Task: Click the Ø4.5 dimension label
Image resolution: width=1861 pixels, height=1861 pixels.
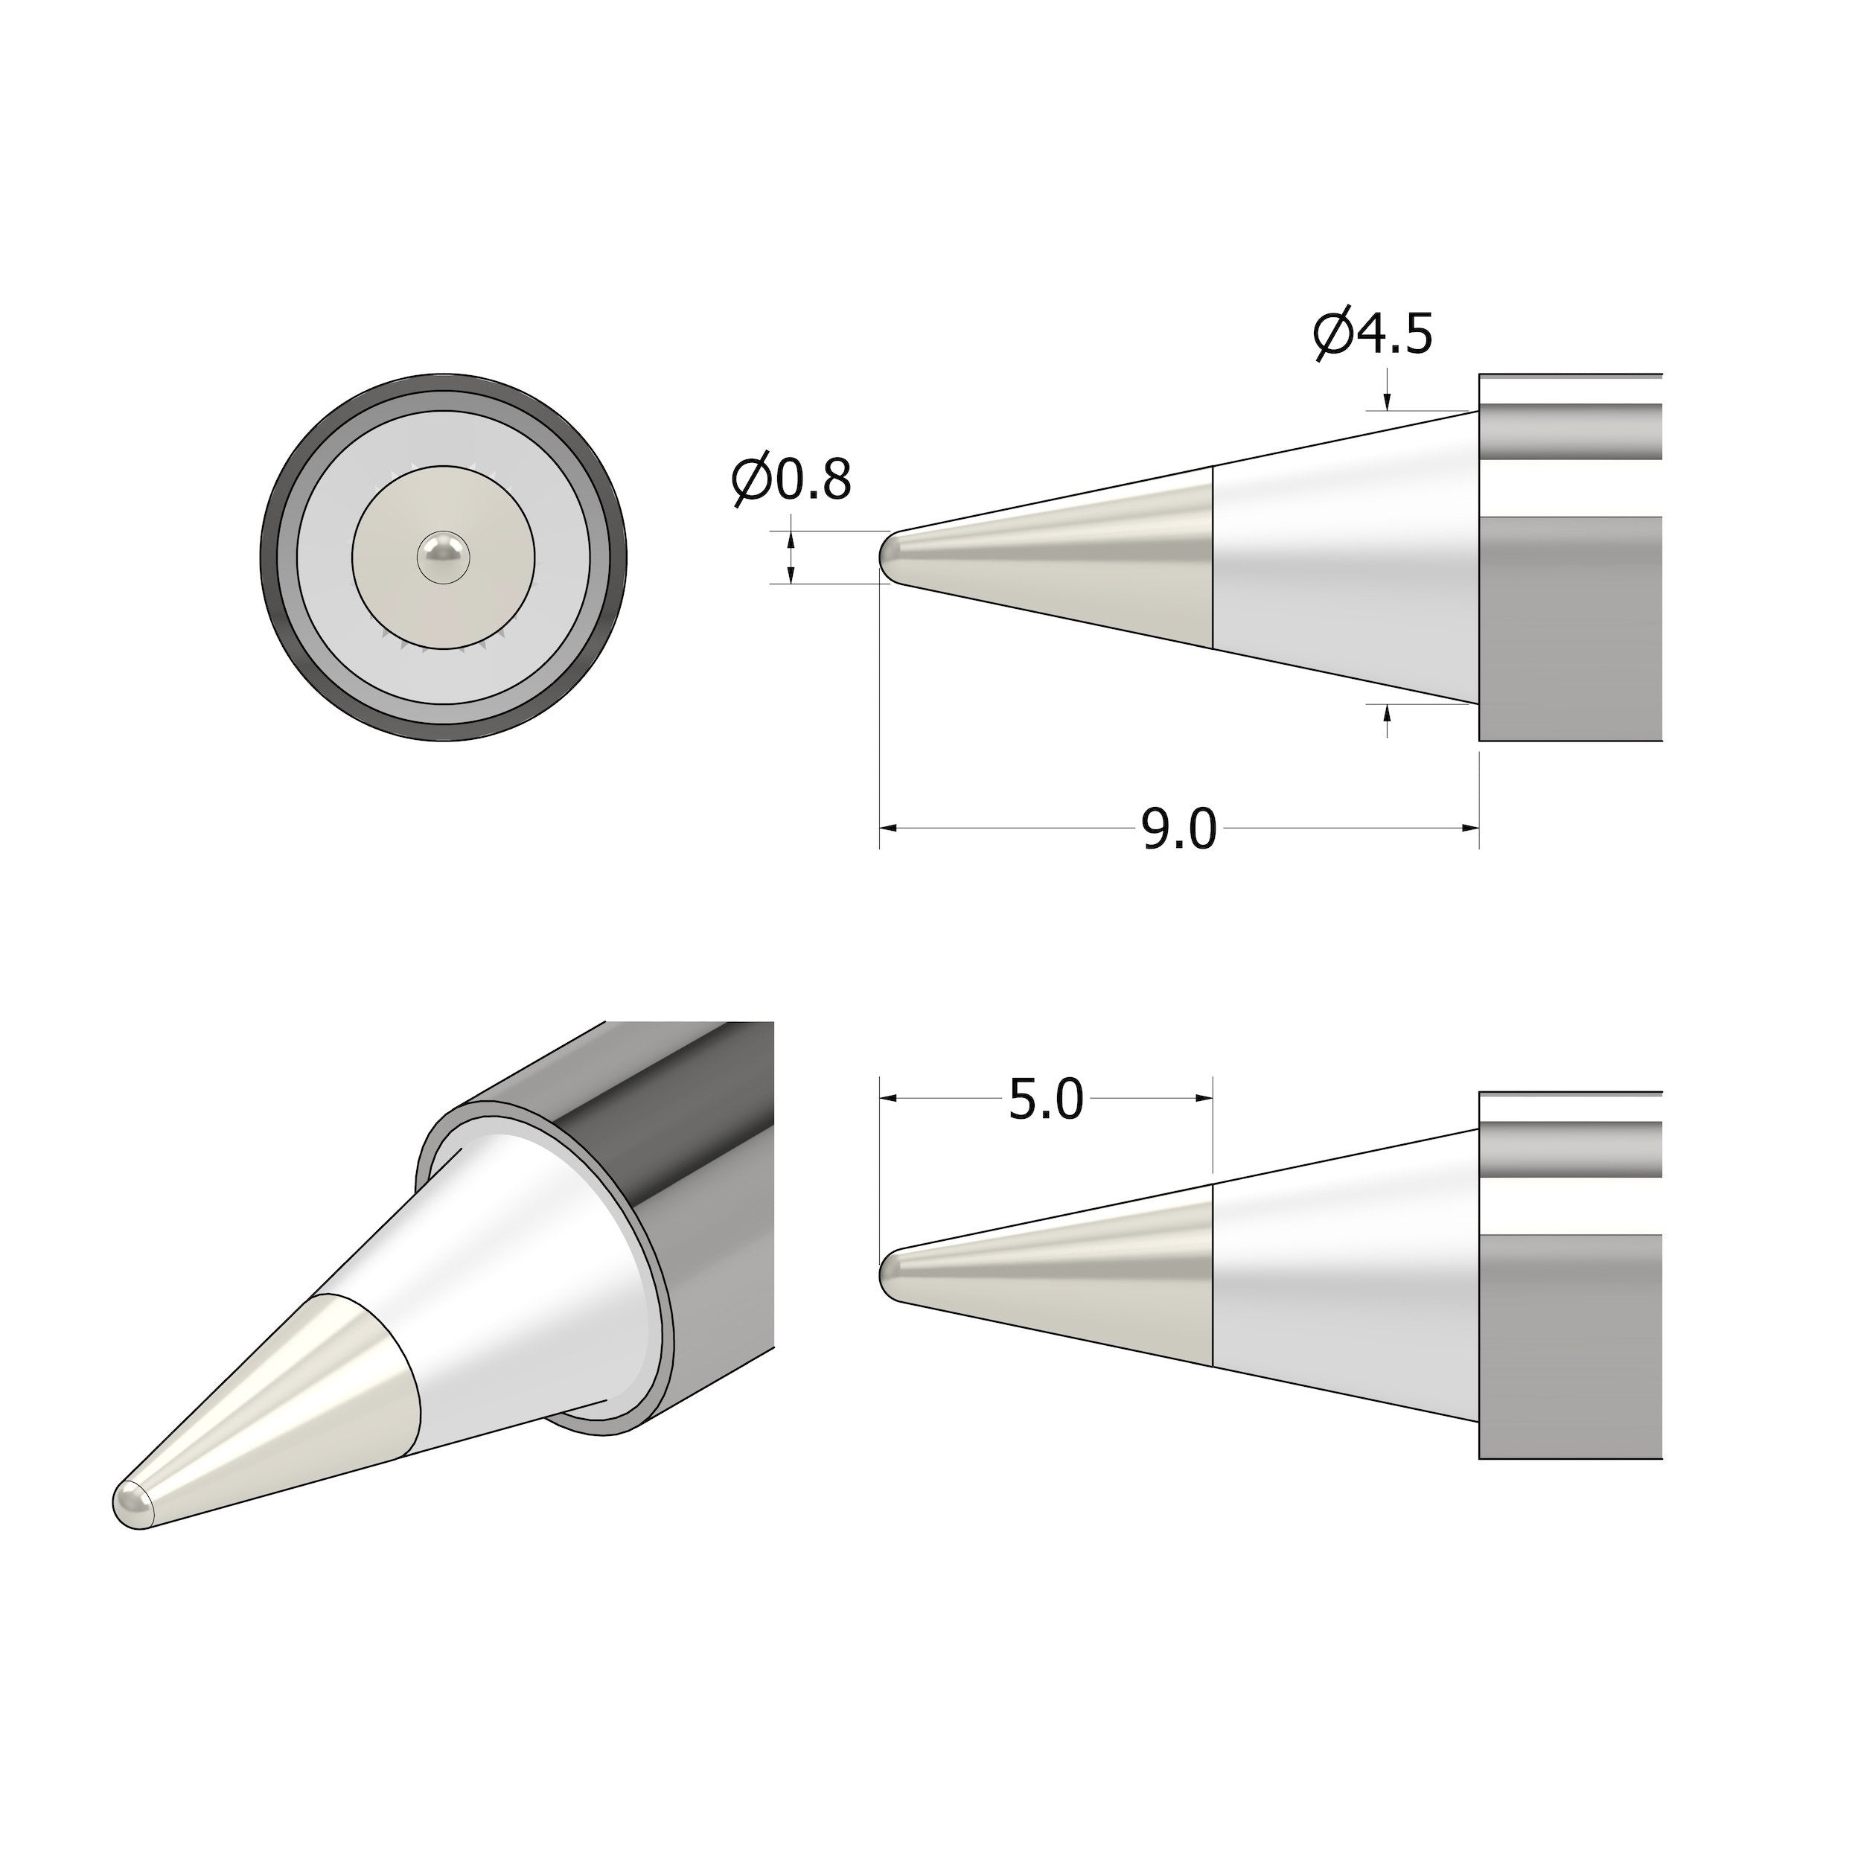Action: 1373,333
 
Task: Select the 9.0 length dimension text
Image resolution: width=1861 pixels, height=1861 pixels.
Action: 1179,829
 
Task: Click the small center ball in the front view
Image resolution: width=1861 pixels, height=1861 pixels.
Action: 443,557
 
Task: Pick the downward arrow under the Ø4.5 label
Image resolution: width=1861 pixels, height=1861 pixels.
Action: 1387,402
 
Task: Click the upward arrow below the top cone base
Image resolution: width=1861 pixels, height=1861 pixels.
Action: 1387,714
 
